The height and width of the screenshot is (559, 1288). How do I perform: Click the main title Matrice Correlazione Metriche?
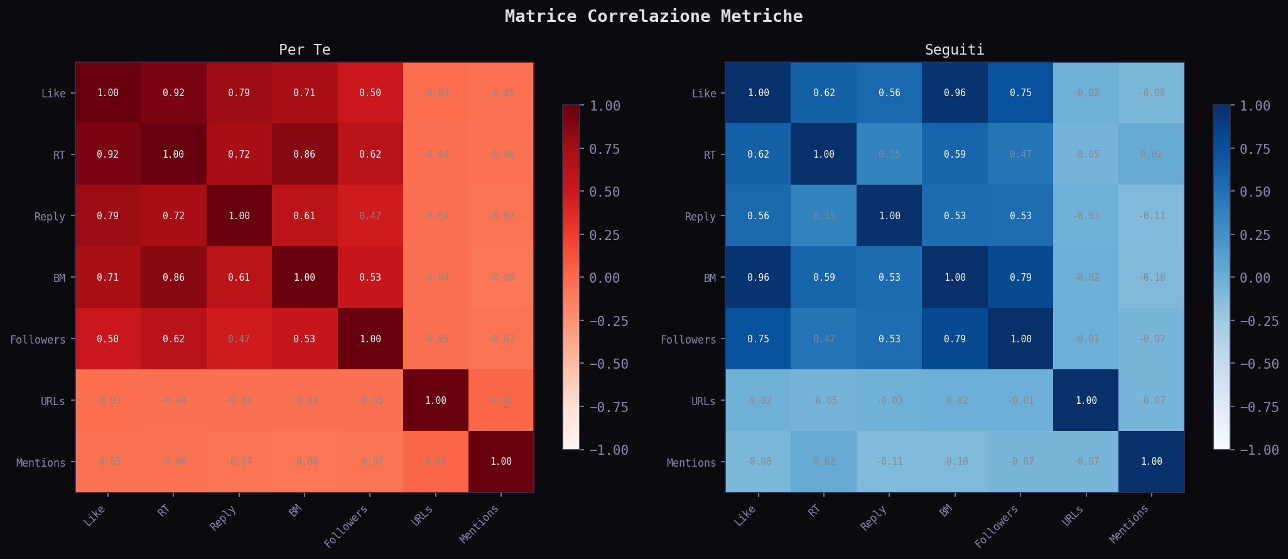[653, 16]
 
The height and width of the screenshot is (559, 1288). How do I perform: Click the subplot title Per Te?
[305, 50]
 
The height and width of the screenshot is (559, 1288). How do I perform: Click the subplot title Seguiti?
[954, 50]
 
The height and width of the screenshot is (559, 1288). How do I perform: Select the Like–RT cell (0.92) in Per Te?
[173, 93]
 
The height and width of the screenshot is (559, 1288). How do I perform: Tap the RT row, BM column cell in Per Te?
[305, 155]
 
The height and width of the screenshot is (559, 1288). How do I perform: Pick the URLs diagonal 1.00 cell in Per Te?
[435, 401]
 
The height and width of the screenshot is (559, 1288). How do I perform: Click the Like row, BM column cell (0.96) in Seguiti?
[955, 93]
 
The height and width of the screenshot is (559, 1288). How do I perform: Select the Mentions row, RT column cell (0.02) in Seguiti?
[823, 462]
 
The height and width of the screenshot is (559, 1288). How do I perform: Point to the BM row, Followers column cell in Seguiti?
[1020, 278]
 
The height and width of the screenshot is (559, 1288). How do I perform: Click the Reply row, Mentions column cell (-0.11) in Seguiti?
[1151, 216]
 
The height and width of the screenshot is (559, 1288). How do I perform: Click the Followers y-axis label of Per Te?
[38, 340]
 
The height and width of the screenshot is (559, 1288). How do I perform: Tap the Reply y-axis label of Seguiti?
[700, 217]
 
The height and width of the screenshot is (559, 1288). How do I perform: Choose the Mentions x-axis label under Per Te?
[482, 524]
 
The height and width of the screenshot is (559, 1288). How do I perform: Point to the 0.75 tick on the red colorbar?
[604, 149]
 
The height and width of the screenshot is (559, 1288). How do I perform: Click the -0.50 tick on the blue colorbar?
[1258, 364]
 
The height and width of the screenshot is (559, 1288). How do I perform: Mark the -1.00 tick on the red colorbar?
[607, 450]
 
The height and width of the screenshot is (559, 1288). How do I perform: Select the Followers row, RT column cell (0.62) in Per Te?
[173, 339]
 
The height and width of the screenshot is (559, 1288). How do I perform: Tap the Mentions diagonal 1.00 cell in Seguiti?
[1151, 462]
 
